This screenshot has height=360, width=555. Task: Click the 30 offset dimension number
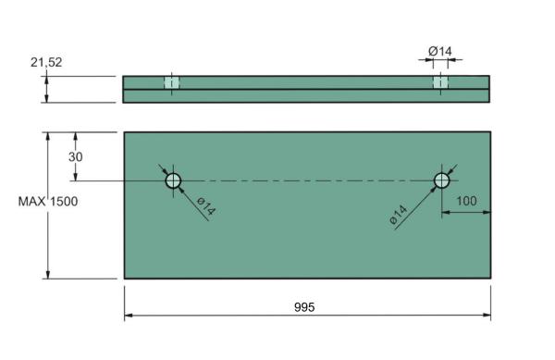(x=76, y=156)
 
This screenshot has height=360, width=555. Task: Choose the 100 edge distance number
(x=467, y=200)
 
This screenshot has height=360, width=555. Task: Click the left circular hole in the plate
(x=174, y=180)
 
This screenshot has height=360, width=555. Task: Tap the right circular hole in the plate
(x=442, y=180)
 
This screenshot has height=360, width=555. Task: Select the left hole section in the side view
(x=171, y=82)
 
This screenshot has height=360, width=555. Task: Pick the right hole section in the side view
(x=440, y=82)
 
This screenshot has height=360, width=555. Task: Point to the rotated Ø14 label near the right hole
(x=399, y=216)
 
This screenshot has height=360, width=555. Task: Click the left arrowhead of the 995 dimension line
(x=128, y=316)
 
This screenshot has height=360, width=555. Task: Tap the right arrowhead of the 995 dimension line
(x=487, y=316)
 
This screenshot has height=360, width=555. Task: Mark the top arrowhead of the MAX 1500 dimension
(x=47, y=135)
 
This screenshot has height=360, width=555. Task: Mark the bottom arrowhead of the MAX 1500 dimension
(x=47, y=274)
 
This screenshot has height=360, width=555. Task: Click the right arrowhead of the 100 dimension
(x=487, y=212)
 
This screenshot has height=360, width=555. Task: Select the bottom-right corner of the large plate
(x=490, y=278)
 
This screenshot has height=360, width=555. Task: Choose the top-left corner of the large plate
(x=125, y=132)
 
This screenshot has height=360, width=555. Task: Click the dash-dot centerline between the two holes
(x=305, y=180)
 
